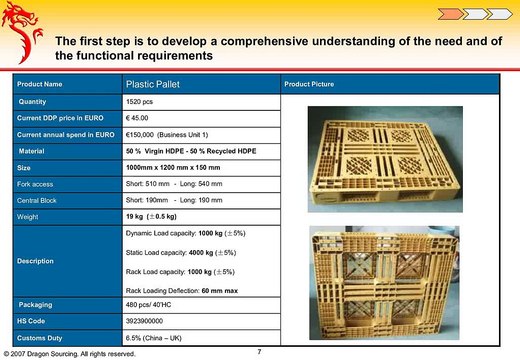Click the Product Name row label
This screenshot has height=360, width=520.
39,84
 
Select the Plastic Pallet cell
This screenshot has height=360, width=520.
151,84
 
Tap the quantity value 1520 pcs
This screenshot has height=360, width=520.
140,102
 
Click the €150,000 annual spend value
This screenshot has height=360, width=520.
173,134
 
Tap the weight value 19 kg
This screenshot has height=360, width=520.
151,217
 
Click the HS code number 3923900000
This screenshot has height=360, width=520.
150,321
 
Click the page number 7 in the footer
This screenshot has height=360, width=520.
259,351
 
